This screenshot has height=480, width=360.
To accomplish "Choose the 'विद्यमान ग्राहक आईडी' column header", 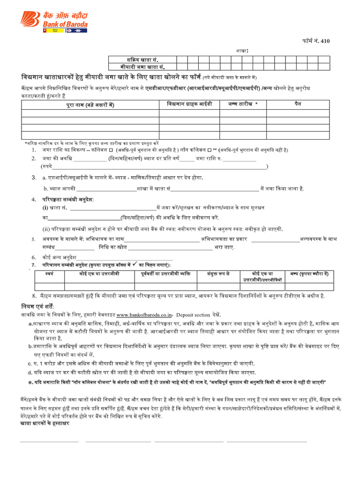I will tap(189, 104).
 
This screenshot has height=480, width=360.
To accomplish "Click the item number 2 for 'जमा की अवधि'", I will tap(34, 158).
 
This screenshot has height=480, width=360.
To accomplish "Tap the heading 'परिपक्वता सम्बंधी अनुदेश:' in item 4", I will tap(69, 199).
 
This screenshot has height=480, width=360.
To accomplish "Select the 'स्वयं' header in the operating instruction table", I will tap(50, 273).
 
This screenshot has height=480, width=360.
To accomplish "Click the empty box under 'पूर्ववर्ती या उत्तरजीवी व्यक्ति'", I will tap(165, 286).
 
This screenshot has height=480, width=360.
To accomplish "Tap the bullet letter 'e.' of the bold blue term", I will tap(30, 382).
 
